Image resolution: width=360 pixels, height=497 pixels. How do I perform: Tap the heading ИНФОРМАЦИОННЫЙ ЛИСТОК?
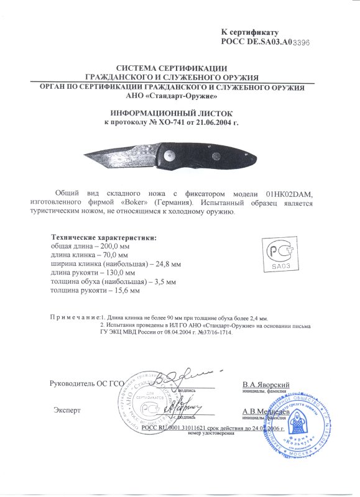point(170,114)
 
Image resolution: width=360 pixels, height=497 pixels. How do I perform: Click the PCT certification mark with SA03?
point(279,255)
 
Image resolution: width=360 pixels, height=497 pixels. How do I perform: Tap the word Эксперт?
point(67,411)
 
